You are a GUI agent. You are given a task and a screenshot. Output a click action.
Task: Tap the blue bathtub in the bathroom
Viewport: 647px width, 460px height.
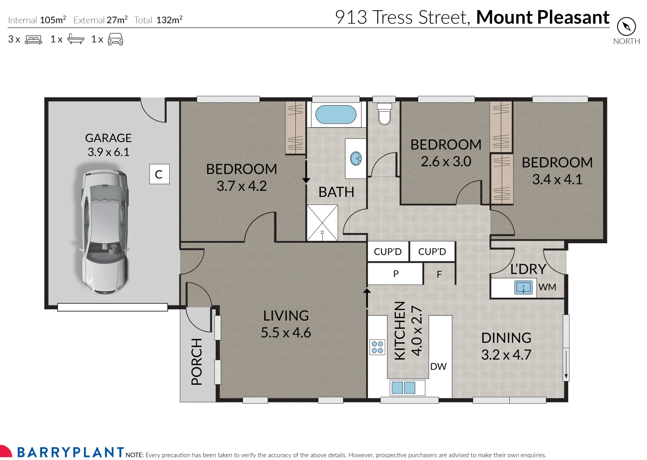(335, 115)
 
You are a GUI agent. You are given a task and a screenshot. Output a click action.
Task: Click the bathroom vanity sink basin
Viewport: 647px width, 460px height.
(355, 159)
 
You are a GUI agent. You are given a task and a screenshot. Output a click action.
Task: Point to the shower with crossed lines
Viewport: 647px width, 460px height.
(322, 223)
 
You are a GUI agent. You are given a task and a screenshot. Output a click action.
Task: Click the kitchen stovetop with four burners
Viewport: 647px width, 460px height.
(377, 347)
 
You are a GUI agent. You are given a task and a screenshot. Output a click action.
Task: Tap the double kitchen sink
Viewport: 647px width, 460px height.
(403, 388)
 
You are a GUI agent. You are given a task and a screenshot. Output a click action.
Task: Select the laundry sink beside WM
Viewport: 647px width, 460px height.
(523, 287)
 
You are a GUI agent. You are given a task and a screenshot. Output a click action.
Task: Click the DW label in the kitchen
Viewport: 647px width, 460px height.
(438, 366)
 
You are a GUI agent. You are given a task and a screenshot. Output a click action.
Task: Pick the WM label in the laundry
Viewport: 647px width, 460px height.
(547, 287)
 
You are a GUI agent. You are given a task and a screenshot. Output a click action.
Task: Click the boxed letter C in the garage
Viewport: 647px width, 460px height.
(159, 174)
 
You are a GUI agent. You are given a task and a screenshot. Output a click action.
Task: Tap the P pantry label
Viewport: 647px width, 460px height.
(396, 274)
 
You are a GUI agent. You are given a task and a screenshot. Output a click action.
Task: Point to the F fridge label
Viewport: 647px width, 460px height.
(439, 275)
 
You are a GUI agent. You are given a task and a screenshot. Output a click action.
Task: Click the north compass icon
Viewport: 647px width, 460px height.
(626, 27)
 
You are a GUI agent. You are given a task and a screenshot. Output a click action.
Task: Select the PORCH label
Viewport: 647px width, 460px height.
(196, 362)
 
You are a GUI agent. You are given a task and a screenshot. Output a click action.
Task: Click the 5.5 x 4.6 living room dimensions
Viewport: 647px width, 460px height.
(286, 333)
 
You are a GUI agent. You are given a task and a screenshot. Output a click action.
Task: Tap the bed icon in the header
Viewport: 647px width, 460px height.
(34, 40)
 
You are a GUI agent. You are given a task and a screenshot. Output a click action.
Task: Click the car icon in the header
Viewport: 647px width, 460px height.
(115, 40)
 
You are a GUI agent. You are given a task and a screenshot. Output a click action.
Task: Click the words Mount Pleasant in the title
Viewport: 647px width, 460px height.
(542, 17)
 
